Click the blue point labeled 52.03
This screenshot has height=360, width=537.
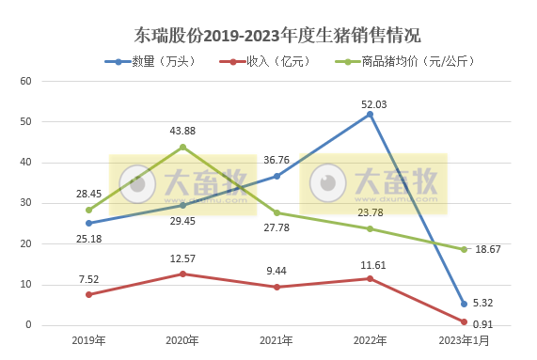pos(370,114)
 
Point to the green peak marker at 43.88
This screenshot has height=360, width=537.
pos(182,147)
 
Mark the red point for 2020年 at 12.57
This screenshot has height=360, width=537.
pos(182,274)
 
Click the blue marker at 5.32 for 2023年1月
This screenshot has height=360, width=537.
pos(464,304)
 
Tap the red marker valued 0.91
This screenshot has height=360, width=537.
pos(464,321)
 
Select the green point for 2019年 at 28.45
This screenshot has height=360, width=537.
pos(88,210)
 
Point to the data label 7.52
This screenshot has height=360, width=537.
pos(89,278)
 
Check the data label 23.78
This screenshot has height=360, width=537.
pos(371,212)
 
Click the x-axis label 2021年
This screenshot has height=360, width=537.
pos(276,340)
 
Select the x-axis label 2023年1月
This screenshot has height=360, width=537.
pos(464,340)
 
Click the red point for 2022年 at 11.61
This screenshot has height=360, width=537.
pos(370,278)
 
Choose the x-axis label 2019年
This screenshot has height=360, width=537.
pos(88,340)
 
